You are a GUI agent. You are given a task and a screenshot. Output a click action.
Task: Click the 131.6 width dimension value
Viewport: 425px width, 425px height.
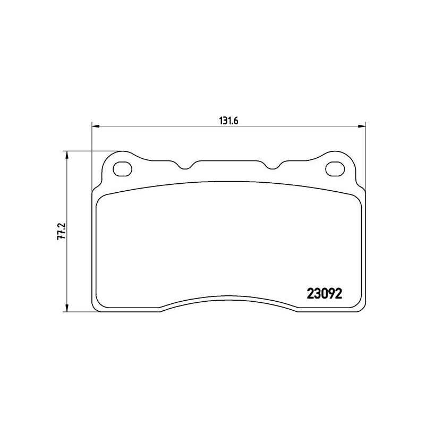pos(228,121)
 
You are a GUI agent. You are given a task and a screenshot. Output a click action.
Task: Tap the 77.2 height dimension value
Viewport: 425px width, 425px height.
pos(62,231)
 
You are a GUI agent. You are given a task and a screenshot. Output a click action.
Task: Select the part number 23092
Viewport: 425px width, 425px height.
pos(325,294)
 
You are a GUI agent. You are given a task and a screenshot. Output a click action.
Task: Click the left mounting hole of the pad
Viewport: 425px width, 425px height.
pos(123,169)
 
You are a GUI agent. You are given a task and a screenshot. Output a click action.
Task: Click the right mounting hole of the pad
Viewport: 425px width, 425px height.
pos(335,169)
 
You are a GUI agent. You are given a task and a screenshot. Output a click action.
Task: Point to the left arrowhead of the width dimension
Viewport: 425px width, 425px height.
pos(96,126)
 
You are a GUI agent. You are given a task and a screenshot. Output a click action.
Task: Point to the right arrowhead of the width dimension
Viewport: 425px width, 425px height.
pos(362,126)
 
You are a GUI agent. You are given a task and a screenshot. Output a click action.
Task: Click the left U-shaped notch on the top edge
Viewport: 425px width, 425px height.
pos(185,167)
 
